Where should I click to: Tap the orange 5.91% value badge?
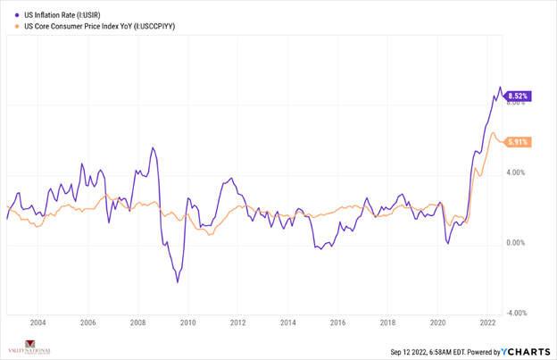click(519, 142)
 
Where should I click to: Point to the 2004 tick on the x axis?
click(37, 323)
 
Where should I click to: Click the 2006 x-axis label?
click(87, 323)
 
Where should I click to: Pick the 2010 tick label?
click(187, 323)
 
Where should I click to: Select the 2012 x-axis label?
click(237, 323)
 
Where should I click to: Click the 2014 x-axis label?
click(287, 323)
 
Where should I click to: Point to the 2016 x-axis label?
click(337, 323)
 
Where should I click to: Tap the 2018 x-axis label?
click(387, 323)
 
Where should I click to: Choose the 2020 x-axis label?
click(437, 323)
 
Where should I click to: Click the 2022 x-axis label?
click(487, 323)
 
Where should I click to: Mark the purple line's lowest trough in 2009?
click(178, 282)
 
